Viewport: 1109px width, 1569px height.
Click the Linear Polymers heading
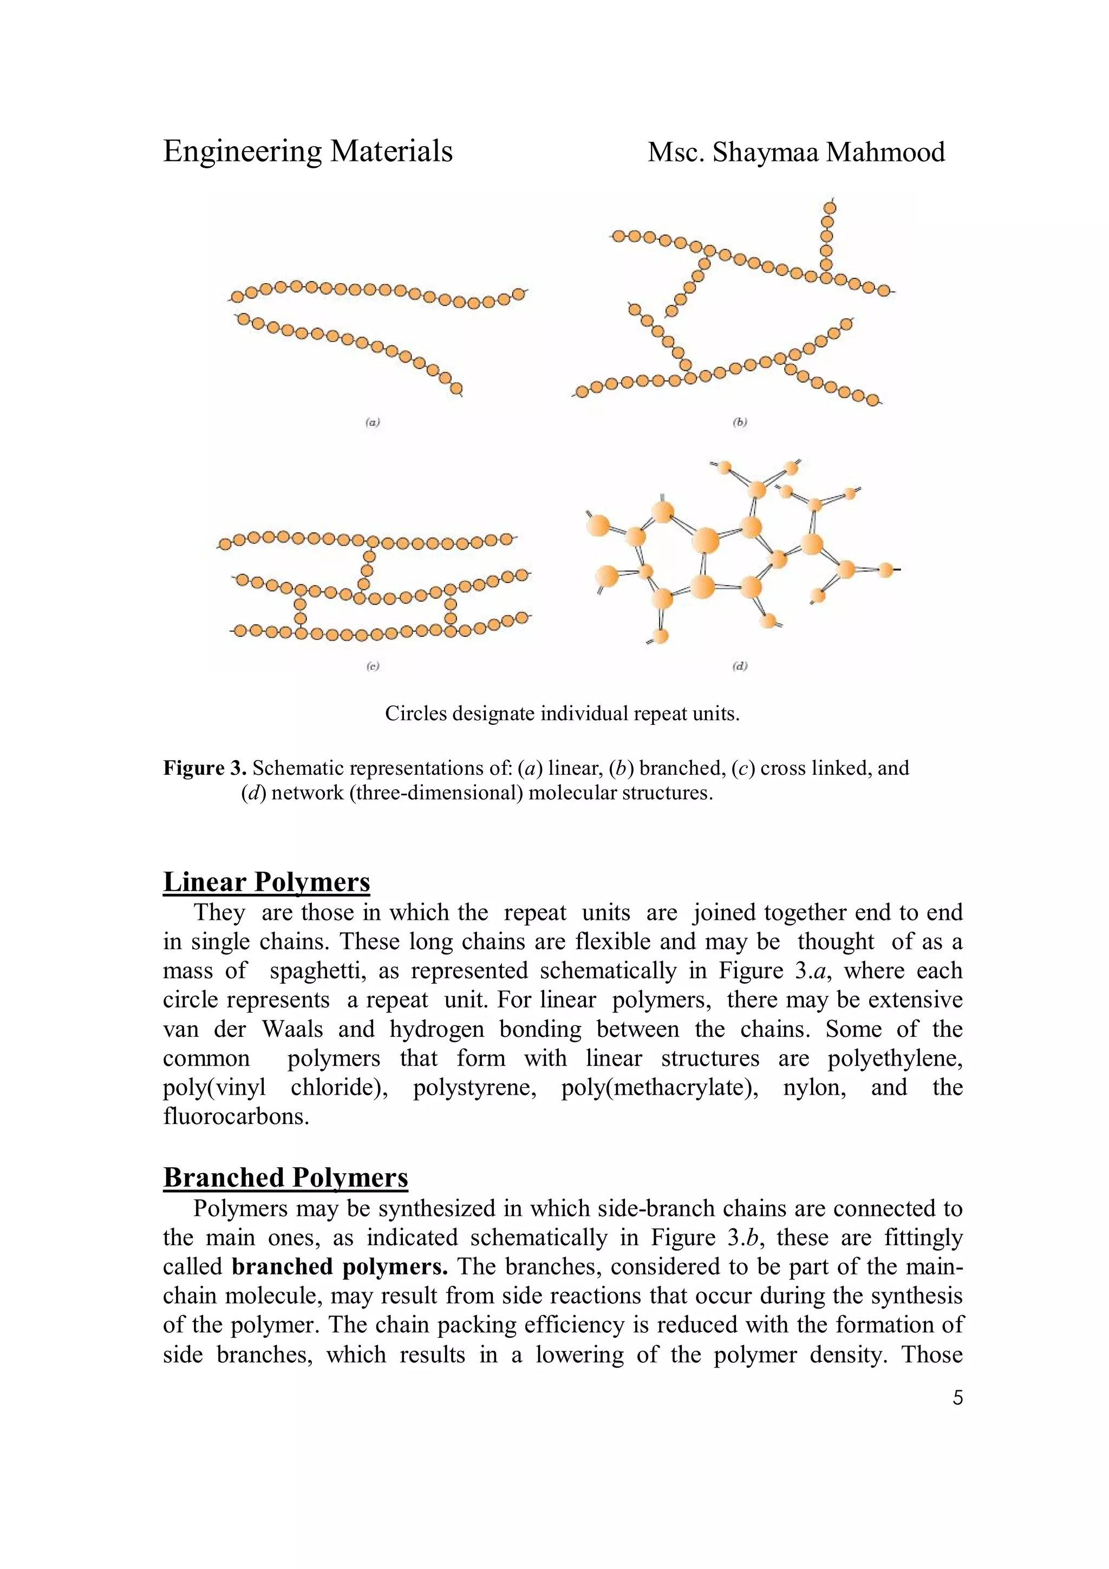pos(266,882)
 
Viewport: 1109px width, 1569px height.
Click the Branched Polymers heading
pos(285,1178)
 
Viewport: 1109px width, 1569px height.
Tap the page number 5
pos(957,1397)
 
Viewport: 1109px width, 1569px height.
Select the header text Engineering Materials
pos(308,151)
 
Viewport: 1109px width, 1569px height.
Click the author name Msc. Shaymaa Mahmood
pos(796,152)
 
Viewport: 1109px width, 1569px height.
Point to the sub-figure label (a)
pos(371,422)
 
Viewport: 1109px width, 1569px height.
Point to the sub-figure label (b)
pos(739,422)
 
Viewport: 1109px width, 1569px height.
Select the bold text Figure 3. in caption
pos(204,768)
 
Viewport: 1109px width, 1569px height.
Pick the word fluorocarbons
pos(236,1116)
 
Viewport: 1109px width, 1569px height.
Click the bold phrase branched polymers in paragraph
pos(340,1266)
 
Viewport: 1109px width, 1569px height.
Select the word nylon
pos(814,1087)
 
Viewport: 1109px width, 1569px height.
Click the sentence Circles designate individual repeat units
pos(562,714)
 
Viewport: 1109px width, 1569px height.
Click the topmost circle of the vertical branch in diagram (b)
pos(830,207)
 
